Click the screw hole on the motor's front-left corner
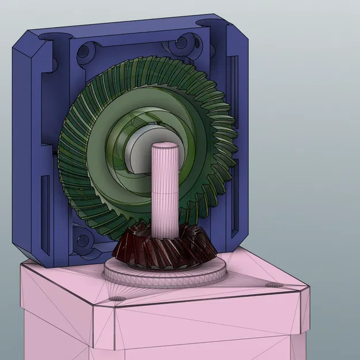click(118, 298)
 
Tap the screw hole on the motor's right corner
click(272, 285)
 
